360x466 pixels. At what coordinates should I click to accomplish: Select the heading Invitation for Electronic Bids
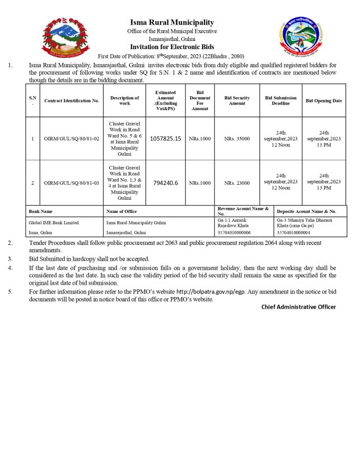coord(172,47)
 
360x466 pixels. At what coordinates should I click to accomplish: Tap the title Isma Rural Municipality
coord(172,23)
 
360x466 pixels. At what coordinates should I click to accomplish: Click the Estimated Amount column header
coord(165,100)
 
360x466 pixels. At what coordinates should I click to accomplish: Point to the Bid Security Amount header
coord(237,100)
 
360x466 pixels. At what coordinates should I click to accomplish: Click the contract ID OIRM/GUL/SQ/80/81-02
coord(71,139)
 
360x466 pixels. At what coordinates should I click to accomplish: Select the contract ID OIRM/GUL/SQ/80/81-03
coord(71,183)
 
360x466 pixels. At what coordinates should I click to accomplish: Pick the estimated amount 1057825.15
coord(165,139)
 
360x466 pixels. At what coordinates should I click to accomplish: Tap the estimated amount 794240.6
coord(165,183)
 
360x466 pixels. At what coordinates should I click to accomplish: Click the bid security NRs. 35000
coord(237,139)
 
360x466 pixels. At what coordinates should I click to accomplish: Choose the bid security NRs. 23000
coord(237,183)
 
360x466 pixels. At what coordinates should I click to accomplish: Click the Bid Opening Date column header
coord(324,101)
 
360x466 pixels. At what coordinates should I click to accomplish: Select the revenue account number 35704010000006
coord(234,232)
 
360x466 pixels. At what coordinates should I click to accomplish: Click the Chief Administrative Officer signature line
coord(299,307)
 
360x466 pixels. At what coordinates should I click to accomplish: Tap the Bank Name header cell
coord(40,211)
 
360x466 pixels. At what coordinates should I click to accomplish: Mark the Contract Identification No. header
coord(71,101)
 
